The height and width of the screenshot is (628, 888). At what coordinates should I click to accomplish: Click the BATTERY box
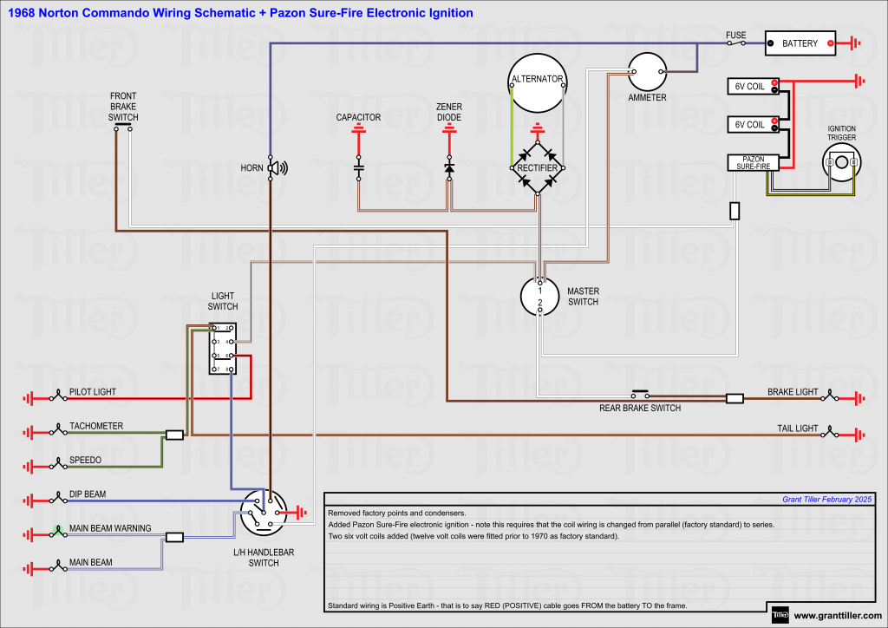tap(800, 43)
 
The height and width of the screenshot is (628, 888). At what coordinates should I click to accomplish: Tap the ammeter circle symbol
tap(647, 71)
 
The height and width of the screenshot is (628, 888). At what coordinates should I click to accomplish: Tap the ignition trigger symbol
tap(840, 162)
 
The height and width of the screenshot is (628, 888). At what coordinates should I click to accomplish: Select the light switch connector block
tap(222, 350)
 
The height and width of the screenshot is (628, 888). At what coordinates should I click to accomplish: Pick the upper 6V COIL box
tap(751, 87)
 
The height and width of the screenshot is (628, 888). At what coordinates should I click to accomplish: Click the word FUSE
tap(735, 36)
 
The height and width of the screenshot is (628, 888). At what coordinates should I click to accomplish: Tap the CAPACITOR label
tap(358, 117)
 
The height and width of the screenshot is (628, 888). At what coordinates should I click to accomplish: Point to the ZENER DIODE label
tap(449, 112)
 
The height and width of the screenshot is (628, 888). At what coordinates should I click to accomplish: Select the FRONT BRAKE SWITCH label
tap(123, 107)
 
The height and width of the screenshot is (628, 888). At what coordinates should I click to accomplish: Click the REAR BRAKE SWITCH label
tap(640, 409)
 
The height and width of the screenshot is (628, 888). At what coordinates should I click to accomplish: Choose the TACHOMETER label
tap(96, 426)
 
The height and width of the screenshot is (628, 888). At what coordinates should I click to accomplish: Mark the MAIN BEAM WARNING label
tap(110, 528)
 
